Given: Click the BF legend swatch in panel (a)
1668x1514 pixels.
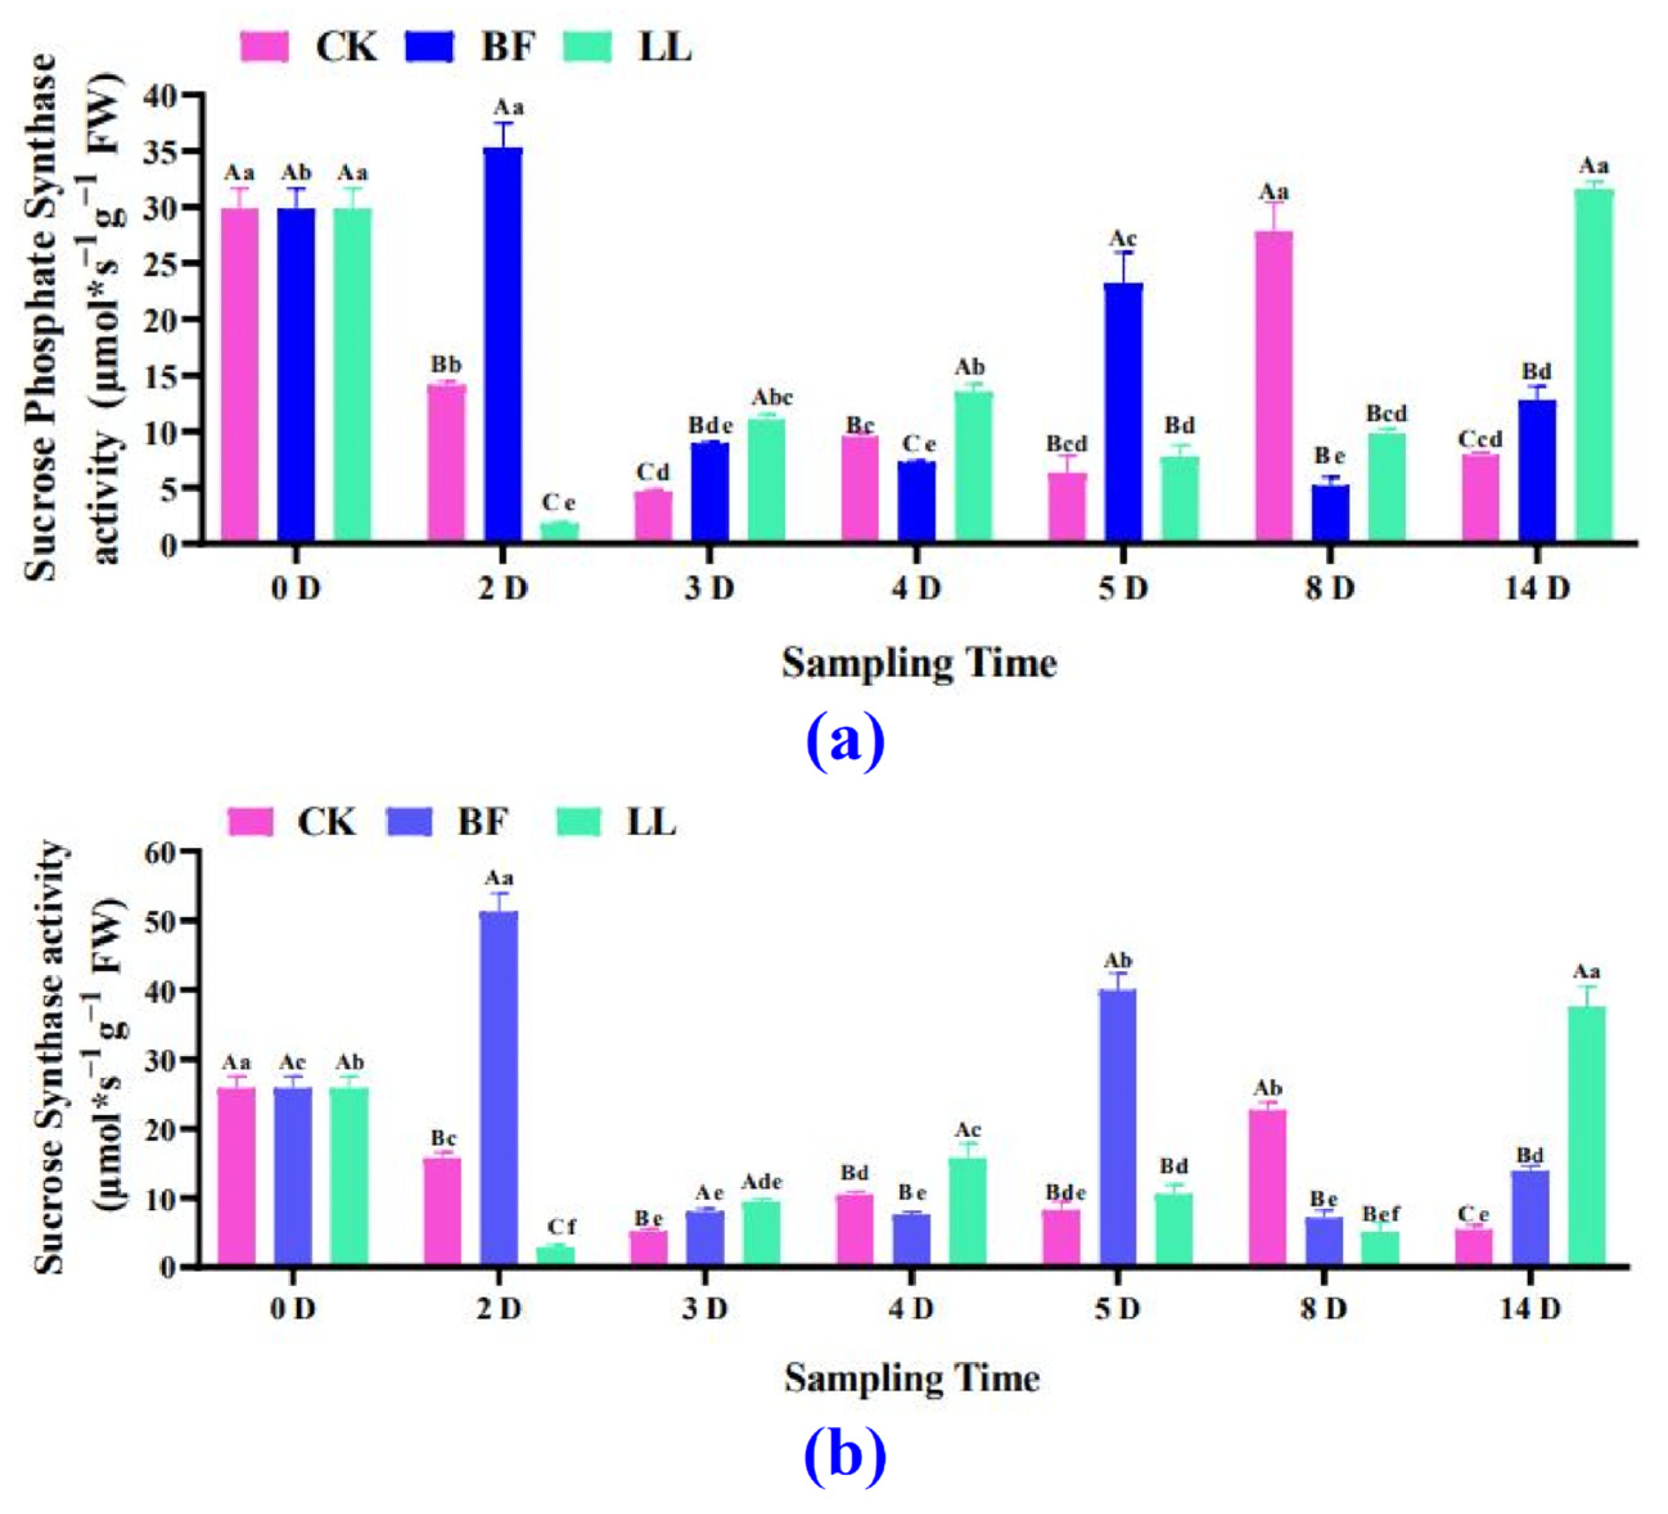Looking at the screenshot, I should (x=430, y=47).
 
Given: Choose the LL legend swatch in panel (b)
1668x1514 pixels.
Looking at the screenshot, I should (x=578, y=822).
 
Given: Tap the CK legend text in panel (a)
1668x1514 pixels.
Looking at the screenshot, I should (x=346, y=47).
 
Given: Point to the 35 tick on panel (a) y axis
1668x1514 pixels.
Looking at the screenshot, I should (x=161, y=152).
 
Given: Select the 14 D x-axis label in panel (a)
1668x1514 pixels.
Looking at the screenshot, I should (x=1536, y=589).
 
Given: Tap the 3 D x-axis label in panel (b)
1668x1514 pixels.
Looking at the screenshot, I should (x=705, y=1309).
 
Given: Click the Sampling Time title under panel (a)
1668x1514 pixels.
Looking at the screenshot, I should (x=918, y=664).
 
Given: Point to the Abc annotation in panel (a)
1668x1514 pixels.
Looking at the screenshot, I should (x=771, y=398).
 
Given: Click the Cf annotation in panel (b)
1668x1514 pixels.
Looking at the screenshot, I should (x=560, y=1227).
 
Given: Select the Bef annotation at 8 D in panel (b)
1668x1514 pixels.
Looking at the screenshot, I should (x=1381, y=1213).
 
